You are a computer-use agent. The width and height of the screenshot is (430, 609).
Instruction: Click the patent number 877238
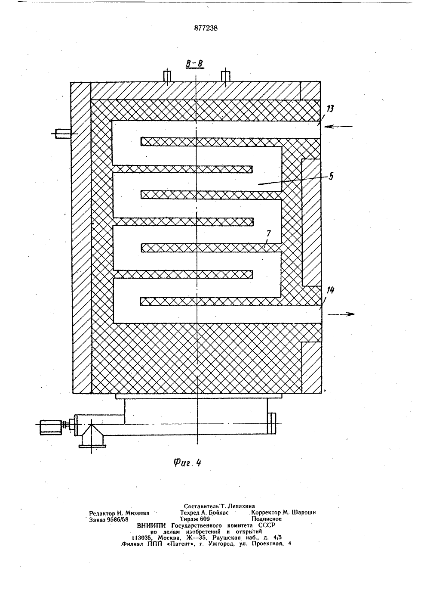(x=206, y=28)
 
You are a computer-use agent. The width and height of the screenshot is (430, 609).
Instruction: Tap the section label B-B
(x=195, y=63)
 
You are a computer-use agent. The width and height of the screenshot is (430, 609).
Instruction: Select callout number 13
(x=330, y=109)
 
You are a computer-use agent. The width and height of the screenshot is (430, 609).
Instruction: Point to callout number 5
(x=331, y=176)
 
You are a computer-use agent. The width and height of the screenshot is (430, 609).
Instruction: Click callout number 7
(x=268, y=233)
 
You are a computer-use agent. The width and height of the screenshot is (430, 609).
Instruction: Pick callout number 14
(x=330, y=290)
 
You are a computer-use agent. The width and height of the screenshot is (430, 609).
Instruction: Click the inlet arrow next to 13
(x=338, y=127)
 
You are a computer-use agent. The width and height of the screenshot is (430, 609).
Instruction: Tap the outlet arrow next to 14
(x=341, y=314)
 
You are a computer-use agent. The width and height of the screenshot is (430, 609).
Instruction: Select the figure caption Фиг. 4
(x=187, y=463)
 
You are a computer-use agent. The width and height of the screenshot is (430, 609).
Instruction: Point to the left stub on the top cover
(x=167, y=76)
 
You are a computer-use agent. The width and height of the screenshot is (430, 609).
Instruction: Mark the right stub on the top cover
(x=226, y=76)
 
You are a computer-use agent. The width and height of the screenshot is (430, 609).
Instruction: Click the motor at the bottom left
(x=51, y=427)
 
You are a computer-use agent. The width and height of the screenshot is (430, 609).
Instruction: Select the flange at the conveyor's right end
(x=271, y=423)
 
